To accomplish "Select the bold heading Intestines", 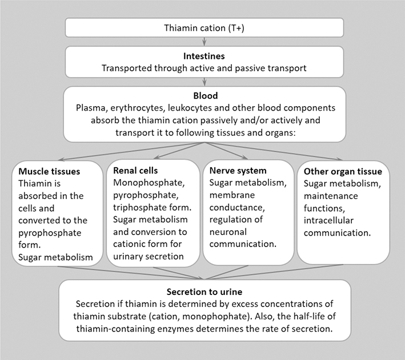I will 204,56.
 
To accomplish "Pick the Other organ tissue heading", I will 343,172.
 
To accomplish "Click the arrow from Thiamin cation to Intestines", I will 204,41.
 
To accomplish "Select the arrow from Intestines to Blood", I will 204,81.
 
